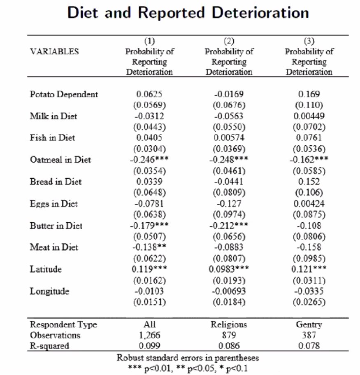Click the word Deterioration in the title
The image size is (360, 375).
point(255,13)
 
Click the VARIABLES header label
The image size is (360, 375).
point(54,52)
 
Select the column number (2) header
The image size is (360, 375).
point(229,41)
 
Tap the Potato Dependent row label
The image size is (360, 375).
point(64,94)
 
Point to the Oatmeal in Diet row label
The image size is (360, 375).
point(60,160)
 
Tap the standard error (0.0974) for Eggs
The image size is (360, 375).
point(229,214)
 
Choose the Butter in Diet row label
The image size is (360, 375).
point(56,226)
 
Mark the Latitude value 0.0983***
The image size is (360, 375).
point(229,269)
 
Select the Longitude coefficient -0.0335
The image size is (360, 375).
point(309,291)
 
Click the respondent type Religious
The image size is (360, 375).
point(229,324)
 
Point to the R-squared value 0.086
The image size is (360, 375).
point(229,346)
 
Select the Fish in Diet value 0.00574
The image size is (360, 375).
point(229,138)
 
